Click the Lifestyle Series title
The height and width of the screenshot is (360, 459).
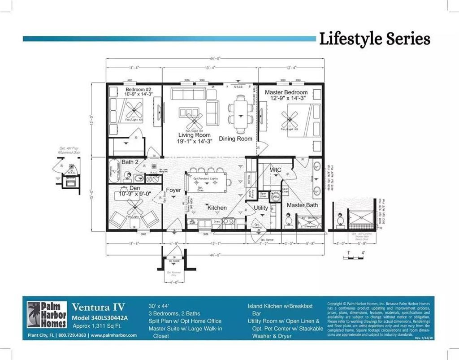374,39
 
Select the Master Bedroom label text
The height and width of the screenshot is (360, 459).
286,92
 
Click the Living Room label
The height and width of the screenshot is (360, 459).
194,135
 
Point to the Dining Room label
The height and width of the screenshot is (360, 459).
235,139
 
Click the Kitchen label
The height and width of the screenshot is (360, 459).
217,208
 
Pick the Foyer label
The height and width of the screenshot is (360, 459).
173,190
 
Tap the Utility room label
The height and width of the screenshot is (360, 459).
261,208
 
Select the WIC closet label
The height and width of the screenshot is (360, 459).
275,170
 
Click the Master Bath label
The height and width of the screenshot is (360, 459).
302,205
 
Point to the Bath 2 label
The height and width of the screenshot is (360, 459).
130,161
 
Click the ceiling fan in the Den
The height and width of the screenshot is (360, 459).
134,207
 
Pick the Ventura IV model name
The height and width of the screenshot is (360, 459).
95,308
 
